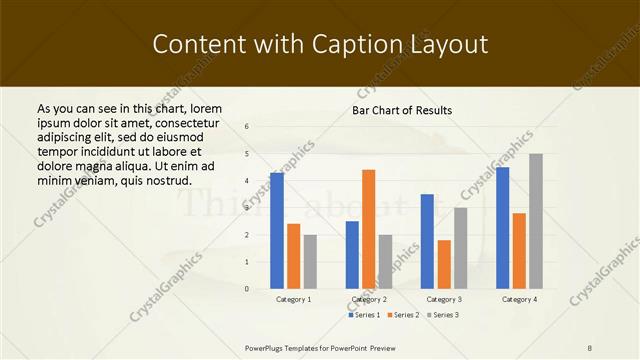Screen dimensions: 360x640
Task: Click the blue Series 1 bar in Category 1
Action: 277,231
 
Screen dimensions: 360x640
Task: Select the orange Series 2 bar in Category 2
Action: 369,230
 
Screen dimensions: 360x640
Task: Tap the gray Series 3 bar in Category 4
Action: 536,221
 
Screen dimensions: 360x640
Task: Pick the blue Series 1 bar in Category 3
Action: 427,241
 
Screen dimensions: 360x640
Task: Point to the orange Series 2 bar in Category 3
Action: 444,264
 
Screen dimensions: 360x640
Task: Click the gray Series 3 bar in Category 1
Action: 310,262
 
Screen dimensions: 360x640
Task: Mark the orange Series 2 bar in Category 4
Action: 519,251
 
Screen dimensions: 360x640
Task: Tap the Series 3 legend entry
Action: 443,315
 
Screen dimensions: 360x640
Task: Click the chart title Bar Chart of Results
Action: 402,110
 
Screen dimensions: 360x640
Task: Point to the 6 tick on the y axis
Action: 247,127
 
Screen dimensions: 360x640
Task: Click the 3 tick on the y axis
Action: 247,208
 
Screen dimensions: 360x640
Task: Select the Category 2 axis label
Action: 369,299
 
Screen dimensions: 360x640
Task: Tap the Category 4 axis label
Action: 519,299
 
